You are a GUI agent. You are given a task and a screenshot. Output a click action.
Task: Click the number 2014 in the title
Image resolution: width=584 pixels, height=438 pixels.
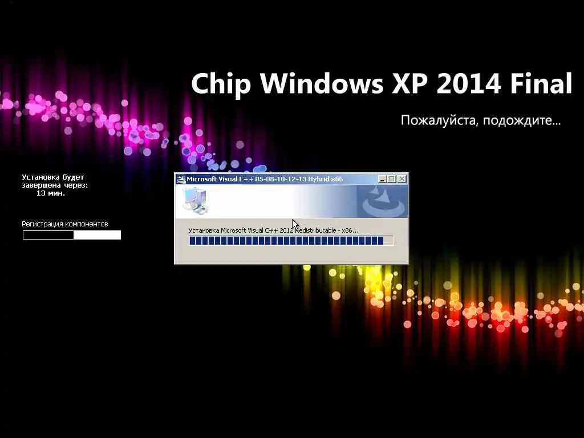tap(469, 83)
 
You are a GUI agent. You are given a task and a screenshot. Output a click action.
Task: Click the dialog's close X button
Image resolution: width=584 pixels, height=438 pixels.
tap(401, 179)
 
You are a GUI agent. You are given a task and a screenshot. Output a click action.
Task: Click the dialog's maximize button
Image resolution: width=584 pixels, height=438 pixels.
tap(391, 179)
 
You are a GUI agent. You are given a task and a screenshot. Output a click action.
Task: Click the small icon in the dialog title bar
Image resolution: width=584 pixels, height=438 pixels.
tap(181, 179)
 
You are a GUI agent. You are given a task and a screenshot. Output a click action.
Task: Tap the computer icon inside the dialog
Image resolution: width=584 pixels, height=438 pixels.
tap(194, 201)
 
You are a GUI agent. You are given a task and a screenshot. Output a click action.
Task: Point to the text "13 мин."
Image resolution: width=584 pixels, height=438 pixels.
tap(51, 193)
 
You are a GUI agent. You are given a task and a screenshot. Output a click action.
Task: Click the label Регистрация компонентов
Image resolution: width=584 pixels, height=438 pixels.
tap(65, 224)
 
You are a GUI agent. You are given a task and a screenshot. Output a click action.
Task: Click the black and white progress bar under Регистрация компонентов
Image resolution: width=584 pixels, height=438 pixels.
tap(72, 235)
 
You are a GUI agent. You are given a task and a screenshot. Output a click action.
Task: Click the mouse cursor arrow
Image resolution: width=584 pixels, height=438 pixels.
tap(295, 225)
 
